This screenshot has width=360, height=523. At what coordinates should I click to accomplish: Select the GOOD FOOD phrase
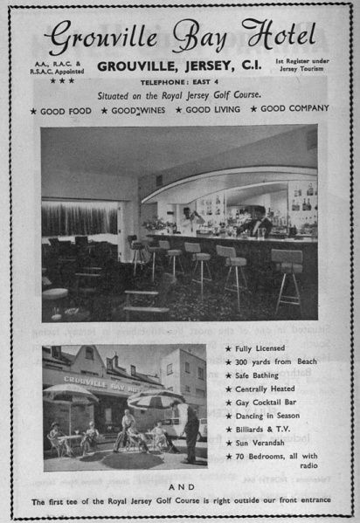click(65, 111)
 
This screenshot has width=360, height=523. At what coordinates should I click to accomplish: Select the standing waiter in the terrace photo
click(191, 432)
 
